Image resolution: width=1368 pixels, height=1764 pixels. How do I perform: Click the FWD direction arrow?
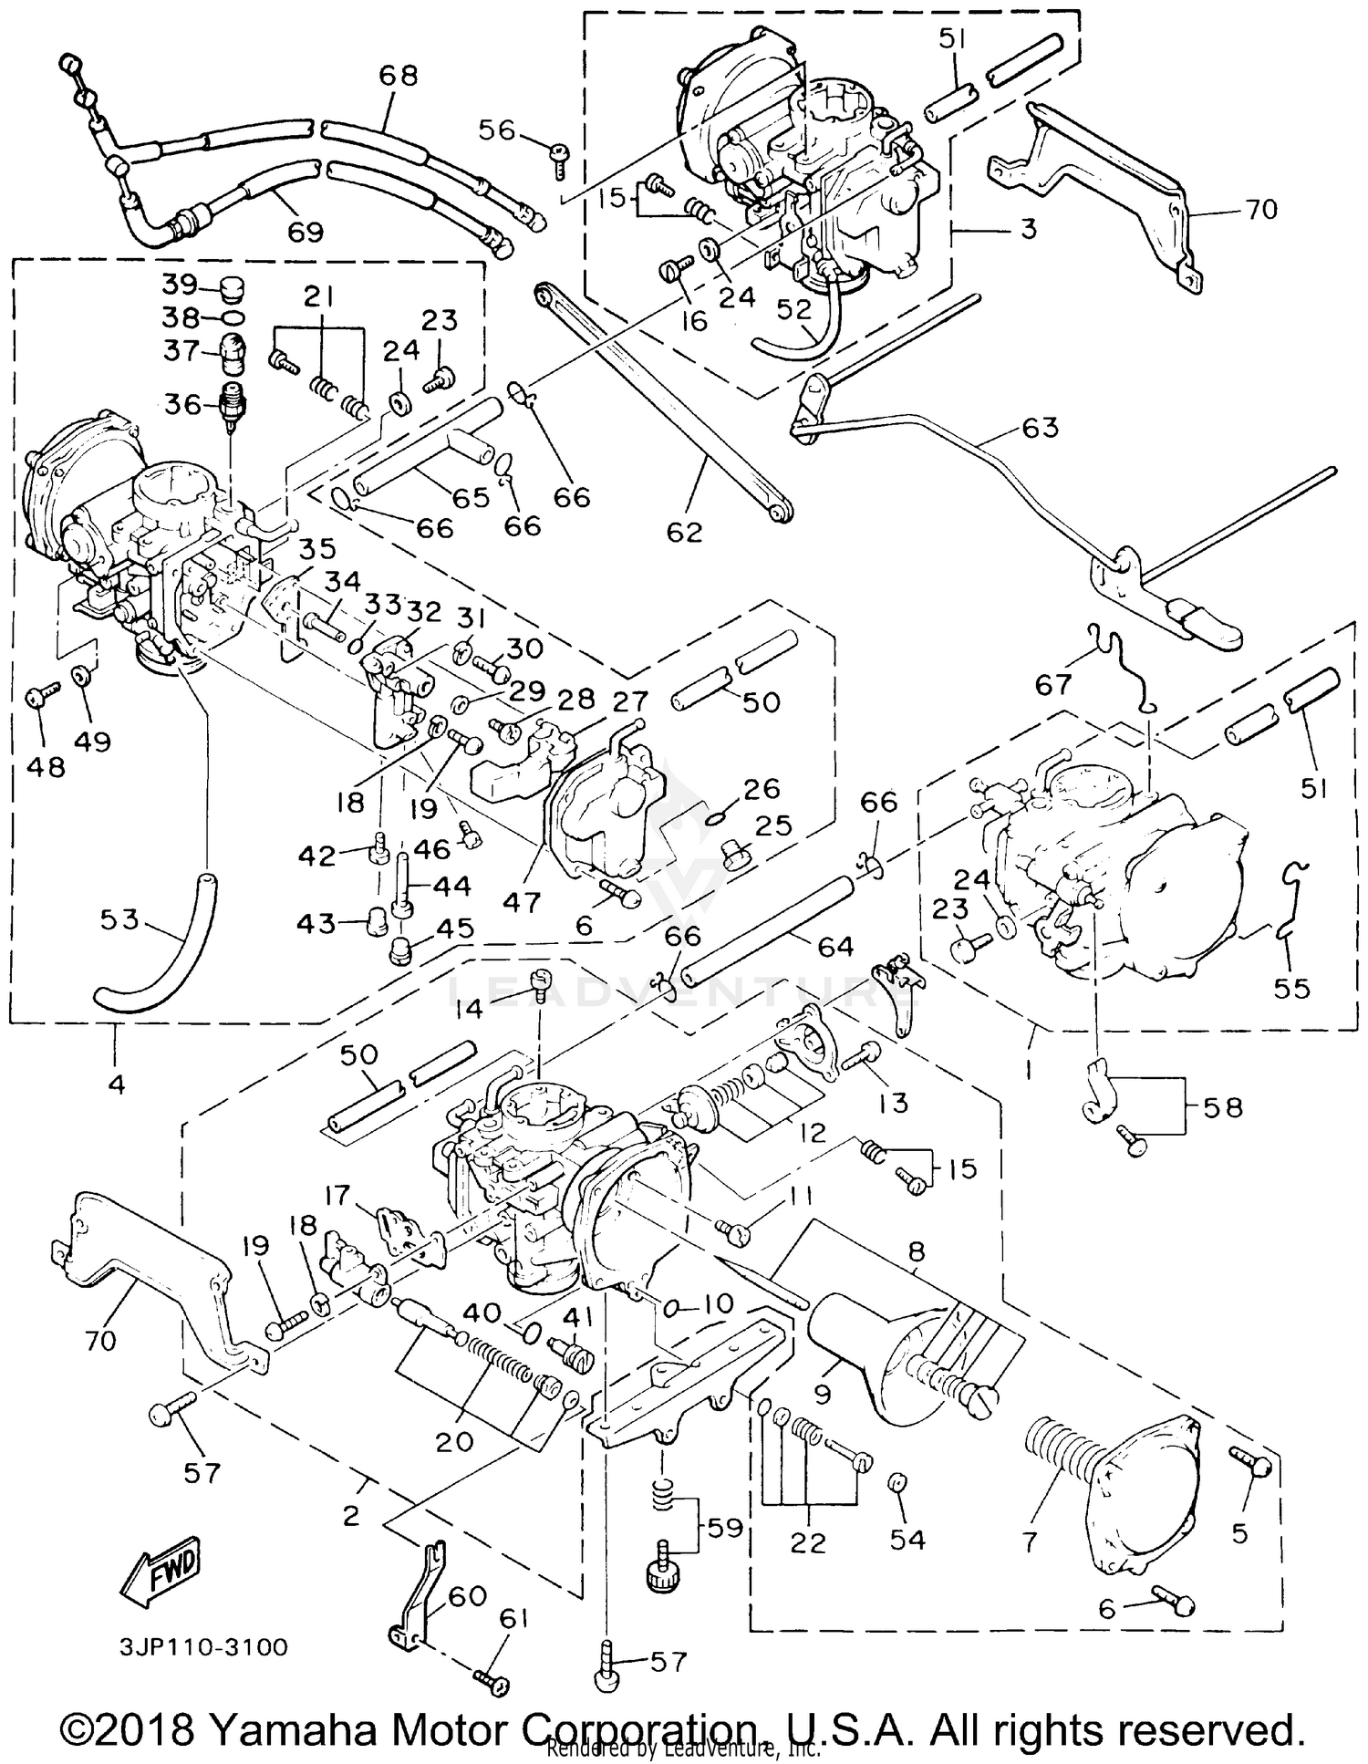(161, 1577)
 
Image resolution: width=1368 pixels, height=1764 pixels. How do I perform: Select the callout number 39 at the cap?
(180, 285)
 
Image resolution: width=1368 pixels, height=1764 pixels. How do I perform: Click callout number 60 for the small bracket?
(467, 1596)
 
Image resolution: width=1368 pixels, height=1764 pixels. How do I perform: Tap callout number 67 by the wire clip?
(1053, 684)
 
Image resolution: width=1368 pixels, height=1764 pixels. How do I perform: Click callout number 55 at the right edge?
(1291, 988)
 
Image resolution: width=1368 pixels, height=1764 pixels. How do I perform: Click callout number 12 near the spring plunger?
(811, 1132)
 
